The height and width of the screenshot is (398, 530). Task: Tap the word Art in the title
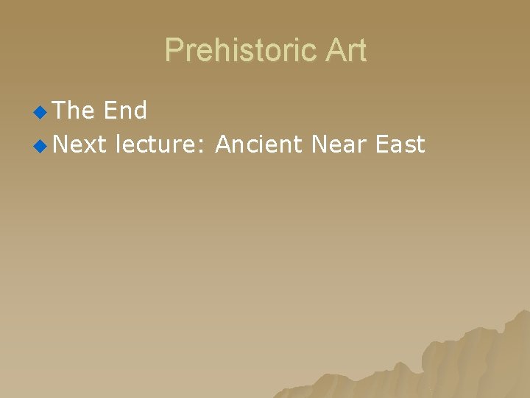point(342,51)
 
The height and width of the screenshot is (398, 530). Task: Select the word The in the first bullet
point(74,111)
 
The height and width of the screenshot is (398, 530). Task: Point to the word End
point(125,111)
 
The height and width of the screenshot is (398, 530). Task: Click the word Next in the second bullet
point(80,144)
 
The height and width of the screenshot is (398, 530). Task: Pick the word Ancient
point(258,144)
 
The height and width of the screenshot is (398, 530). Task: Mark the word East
point(400,144)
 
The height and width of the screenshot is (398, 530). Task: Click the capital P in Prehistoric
point(174,51)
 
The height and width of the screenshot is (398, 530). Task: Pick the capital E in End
point(110,111)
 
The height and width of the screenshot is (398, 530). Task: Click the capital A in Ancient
point(222,144)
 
